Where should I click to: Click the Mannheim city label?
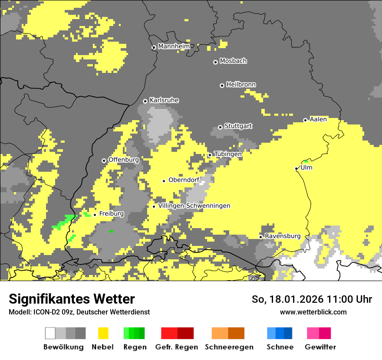coord(174,46)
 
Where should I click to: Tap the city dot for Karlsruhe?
coord(145,101)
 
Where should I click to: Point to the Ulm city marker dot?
coord(296,168)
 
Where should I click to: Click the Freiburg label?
coord(112,214)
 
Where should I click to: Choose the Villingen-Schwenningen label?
coord(194,206)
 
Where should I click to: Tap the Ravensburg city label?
coord(283,236)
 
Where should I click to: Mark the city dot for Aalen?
coord(305,120)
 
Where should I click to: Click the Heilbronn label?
coord(241,85)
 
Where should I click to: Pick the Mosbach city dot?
coord(215,62)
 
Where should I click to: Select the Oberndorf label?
coord(184,180)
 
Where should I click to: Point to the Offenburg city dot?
coord(104,160)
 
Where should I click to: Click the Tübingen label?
coord(228,154)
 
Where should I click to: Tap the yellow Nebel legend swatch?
coord(103,333)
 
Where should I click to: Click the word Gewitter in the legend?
coord(320,347)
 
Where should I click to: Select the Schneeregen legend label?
coord(229,347)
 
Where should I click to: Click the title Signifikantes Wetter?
coord(72,299)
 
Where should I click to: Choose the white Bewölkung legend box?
coord(50,333)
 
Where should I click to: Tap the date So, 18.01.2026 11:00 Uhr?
coord(312,299)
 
